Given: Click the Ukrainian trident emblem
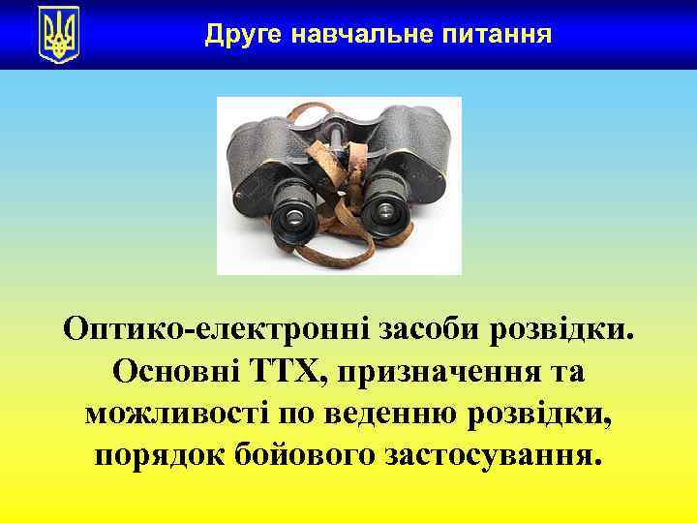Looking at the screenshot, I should coord(58,35).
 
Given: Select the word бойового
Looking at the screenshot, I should coord(308,454).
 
